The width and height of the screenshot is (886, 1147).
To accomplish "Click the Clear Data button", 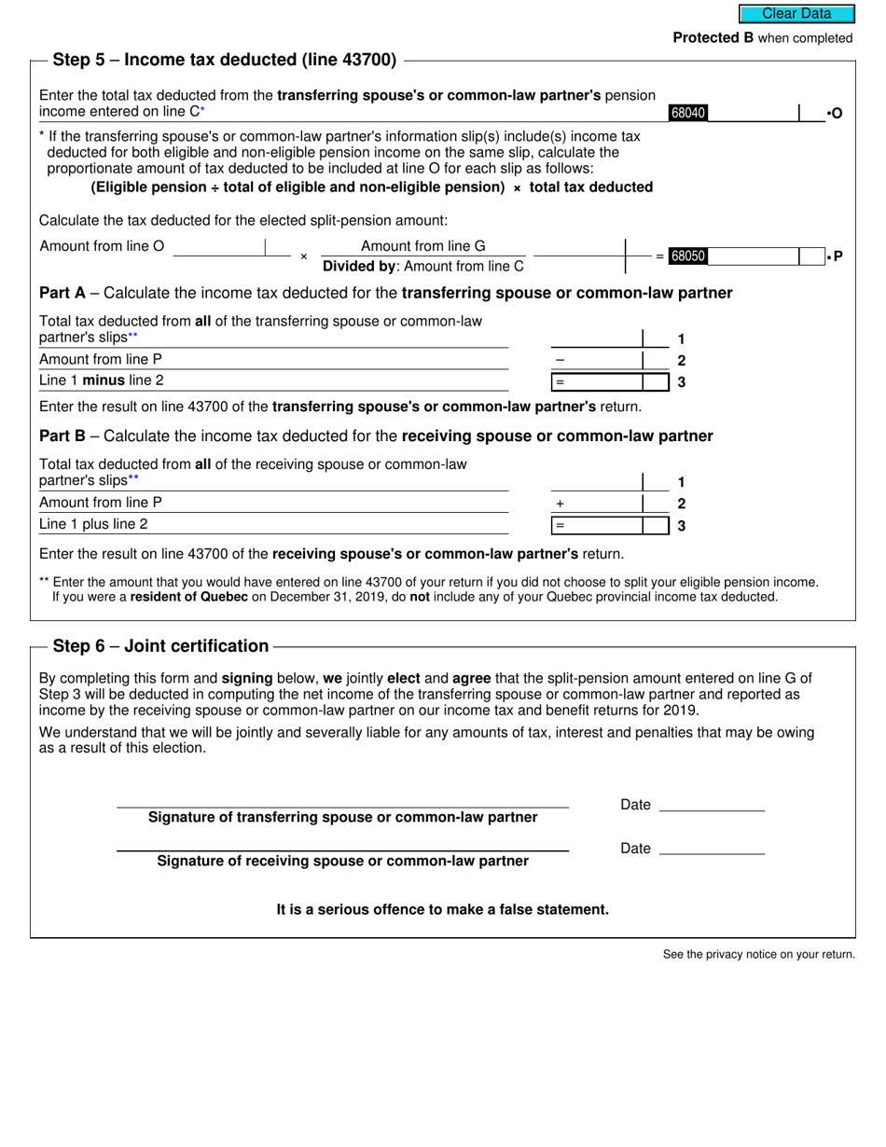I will point(796,14).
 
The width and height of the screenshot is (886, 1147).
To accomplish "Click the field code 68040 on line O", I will point(688,113).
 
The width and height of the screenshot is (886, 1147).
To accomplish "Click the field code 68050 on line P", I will point(688,256).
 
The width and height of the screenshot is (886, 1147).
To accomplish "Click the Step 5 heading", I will point(224,60).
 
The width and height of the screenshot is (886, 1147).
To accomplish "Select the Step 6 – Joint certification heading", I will point(160,646).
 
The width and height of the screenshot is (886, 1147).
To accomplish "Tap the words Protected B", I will point(713,38).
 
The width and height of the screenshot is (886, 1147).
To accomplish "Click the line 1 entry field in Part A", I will point(597,338).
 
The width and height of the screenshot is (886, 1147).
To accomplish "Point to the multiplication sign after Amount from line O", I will point(303,256).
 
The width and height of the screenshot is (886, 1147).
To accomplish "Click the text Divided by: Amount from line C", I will point(422,267).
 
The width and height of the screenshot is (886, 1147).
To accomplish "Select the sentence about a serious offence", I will point(442,909).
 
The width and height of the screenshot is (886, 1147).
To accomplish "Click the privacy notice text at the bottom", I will point(758,954).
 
